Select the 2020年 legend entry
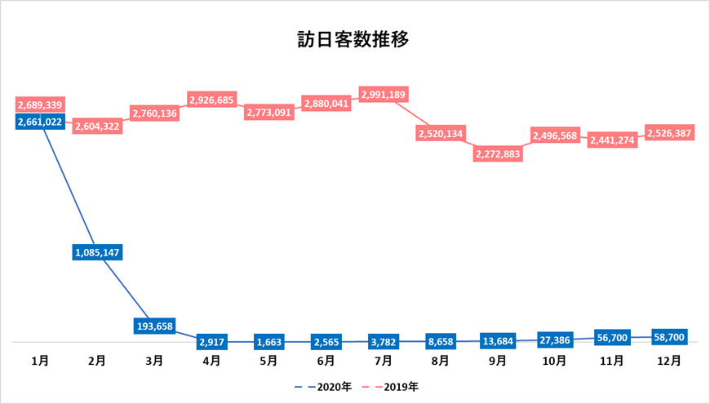pyautogui.click(x=327, y=386)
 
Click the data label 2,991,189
pyautogui.click(x=384, y=94)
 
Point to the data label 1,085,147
pyautogui.click(x=97, y=252)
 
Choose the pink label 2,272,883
pyautogui.click(x=498, y=155)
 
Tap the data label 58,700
pyautogui.click(x=669, y=335)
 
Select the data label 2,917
pyautogui.click(x=212, y=342)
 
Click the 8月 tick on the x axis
pyautogui.click(x=441, y=360)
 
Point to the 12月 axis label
pyautogui.click(x=669, y=360)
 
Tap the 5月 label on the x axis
pyautogui.click(x=269, y=360)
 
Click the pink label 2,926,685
pyautogui.click(x=212, y=100)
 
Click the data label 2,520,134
pyautogui.click(x=441, y=132)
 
